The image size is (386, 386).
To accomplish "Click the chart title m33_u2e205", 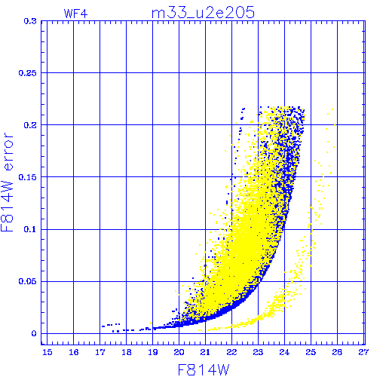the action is click(x=203, y=13).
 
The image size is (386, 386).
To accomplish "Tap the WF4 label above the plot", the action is click(x=75, y=14).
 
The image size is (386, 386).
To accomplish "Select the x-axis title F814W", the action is click(x=204, y=370).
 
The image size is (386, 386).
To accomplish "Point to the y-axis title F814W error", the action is click(x=7, y=182).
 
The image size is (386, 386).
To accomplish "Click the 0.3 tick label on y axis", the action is click(x=30, y=21).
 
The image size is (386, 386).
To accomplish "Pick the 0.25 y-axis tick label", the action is click(x=28, y=73).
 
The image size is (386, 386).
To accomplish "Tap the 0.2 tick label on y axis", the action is click(x=30, y=125).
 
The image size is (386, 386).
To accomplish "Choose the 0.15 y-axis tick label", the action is click(x=28, y=177).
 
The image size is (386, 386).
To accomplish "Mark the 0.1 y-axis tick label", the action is click(x=30, y=229).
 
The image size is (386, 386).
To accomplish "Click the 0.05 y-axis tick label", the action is click(x=28, y=281).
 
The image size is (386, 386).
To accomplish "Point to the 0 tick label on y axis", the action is click(x=34, y=334).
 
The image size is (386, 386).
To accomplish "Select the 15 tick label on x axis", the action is click(x=47, y=352).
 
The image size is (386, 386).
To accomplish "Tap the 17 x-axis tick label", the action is click(x=100, y=352).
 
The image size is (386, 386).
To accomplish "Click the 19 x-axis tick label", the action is click(x=153, y=352).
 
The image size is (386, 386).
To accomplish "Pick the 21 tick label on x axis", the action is click(x=205, y=352).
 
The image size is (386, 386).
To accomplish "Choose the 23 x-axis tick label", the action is click(x=258, y=352).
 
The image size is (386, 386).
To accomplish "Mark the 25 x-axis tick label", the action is click(x=311, y=352).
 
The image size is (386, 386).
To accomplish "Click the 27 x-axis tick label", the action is click(x=363, y=352).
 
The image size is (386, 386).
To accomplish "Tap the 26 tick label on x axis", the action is click(x=337, y=352).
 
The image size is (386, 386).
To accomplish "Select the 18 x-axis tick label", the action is click(x=127, y=352).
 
